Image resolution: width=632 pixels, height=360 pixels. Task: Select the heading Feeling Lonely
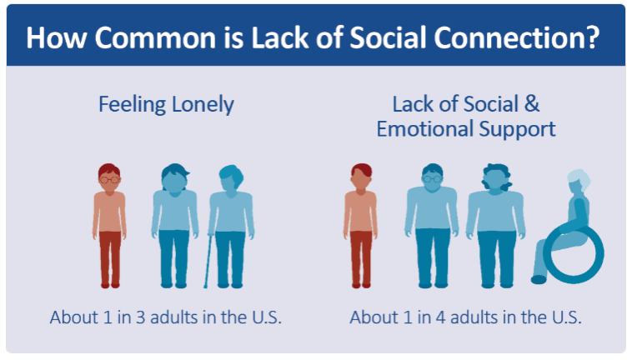coord(166,105)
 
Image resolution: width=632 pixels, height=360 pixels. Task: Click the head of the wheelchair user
coord(579,182)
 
